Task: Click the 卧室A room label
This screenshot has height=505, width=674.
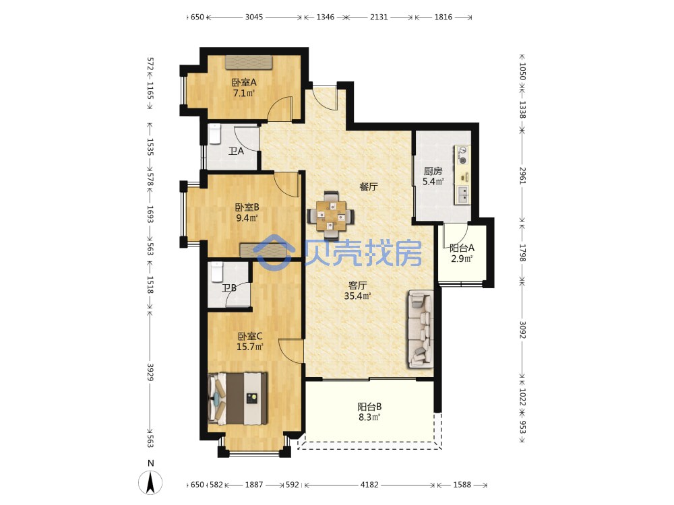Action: pyautogui.click(x=244, y=82)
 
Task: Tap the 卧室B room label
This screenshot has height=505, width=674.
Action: pyautogui.click(x=247, y=207)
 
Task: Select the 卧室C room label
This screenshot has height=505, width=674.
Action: pyautogui.click(x=250, y=336)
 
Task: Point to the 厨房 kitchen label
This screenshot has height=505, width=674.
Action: pyautogui.click(x=433, y=171)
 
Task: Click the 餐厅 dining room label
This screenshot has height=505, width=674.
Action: pyautogui.click(x=369, y=187)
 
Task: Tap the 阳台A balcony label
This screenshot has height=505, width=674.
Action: pyautogui.click(x=462, y=248)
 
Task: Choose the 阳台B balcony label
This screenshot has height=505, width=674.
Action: pyautogui.click(x=369, y=407)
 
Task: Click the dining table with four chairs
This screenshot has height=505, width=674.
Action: pyautogui.click(x=331, y=215)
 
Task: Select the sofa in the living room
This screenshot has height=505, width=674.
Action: pyautogui.click(x=421, y=329)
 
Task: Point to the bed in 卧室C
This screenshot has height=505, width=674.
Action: pyautogui.click(x=238, y=399)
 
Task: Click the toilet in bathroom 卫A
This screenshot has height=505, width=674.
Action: pyautogui.click(x=214, y=135)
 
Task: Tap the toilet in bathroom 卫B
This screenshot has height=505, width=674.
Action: pyautogui.click(x=216, y=272)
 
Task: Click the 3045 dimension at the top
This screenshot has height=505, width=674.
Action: pyautogui.click(x=254, y=18)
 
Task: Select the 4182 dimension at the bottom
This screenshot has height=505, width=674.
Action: pyautogui.click(x=369, y=485)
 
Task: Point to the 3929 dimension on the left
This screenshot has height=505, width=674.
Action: pyautogui.click(x=150, y=372)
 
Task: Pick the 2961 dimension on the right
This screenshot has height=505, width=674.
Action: pyautogui.click(x=522, y=175)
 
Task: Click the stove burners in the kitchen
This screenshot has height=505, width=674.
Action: pyautogui.click(x=463, y=155)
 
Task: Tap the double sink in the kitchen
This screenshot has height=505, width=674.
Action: pyautogui.click(x=463, y=195)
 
